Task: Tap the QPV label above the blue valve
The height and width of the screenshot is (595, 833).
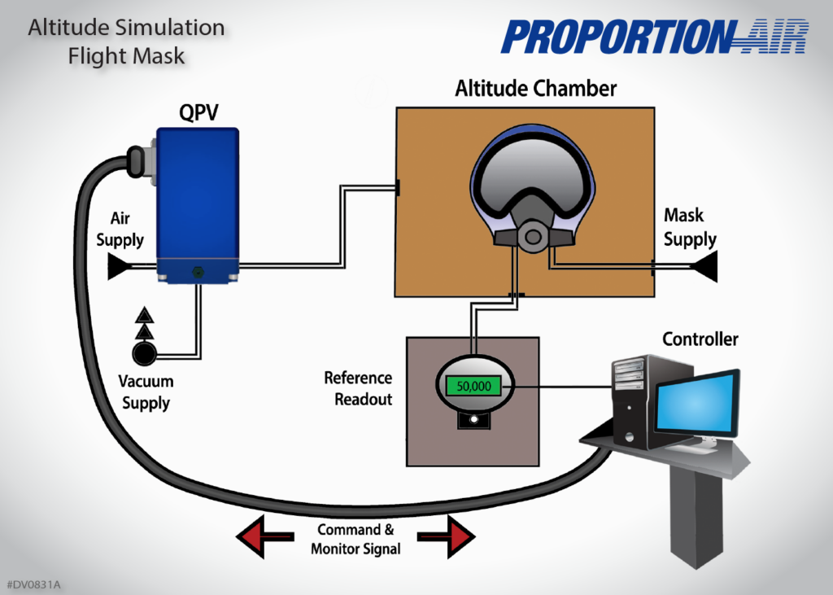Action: click(198, 113)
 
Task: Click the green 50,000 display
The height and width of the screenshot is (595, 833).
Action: click(473, 387)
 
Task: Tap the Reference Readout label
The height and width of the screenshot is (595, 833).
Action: click(358, 388)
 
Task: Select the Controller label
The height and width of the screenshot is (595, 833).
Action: click(700, 339)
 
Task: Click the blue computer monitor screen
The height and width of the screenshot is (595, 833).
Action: click(696, 405)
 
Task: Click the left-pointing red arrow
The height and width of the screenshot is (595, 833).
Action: click(264, 536)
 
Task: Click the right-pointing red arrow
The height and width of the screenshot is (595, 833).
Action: click(447, 536)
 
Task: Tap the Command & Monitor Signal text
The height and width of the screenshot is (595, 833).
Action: click(355, 539)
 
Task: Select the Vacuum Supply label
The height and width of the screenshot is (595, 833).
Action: click(146, 392)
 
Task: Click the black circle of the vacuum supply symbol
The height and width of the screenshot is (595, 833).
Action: click(146, 354)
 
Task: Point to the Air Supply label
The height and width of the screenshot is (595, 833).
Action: click(120, 230)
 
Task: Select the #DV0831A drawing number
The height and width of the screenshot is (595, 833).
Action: click(34, 584)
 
